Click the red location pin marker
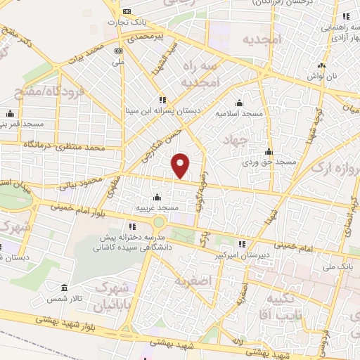[x=181, y=165]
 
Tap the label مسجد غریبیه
[x=159, y=208]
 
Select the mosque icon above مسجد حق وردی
[x=268, y=151]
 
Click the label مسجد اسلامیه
[x=239, y=112]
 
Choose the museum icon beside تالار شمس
[x=65, y=289]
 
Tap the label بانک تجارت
[x=121, y=22]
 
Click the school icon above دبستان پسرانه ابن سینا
[x=164, y=99]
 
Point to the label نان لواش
[x=322, y=74]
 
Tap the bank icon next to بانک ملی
[x=118, y=51]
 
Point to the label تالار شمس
[x=69, y=300]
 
